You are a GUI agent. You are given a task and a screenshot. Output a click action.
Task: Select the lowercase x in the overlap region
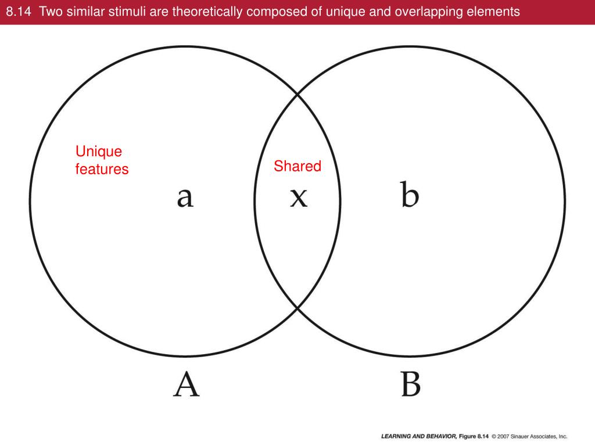(x=298, y=197)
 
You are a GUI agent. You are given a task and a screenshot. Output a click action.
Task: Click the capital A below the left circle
(x=187, y=384)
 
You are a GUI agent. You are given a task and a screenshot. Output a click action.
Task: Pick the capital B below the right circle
(x=410, y=384)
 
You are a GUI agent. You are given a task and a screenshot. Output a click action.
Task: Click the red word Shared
(x=297, y=166)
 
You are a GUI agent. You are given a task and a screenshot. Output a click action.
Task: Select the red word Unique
(x=99, y=152)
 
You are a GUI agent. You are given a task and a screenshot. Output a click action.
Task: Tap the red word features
(x=102, y=170)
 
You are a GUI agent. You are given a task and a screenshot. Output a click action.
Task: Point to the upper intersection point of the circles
(x=297, y=93)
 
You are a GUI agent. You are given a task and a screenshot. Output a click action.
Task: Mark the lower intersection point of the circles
(x=297, y=308)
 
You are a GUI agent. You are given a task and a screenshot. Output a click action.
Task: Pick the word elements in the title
(x=493, y=12)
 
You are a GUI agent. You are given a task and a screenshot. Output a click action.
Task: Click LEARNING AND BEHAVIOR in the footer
(x=417, y=436)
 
